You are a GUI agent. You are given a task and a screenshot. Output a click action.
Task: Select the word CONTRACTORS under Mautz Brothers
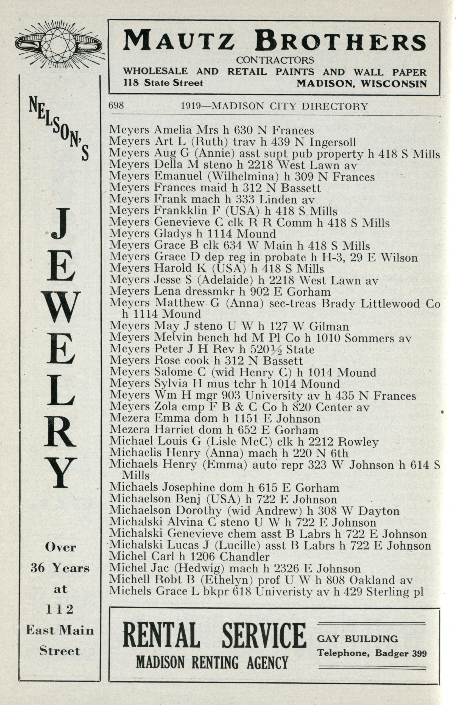[275, 60]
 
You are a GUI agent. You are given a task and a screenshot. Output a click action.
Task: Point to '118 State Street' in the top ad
[163, 83]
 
